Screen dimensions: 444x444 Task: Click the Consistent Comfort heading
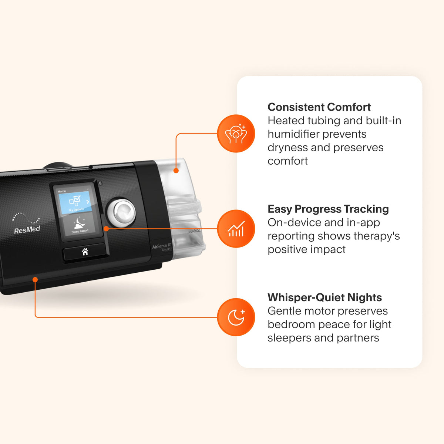[319, 107]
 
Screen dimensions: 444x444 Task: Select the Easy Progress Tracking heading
[328, 209]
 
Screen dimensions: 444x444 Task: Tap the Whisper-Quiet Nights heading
[324, 297]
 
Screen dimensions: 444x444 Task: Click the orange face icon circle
[236, 134]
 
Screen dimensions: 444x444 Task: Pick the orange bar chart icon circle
[236, 229]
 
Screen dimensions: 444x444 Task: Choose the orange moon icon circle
[236, 317]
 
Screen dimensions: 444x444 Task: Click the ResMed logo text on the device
[27, 230]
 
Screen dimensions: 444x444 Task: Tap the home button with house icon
[85, 251]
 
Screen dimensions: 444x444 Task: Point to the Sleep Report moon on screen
[80, 223]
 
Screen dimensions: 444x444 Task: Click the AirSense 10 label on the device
[162, 246]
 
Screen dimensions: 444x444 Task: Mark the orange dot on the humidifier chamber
[176, 171]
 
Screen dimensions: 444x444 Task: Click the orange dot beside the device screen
[106, 229]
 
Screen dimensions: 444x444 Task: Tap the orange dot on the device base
[35, 279]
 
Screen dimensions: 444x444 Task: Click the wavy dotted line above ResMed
[26, 218]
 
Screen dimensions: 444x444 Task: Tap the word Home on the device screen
[61, 191]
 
